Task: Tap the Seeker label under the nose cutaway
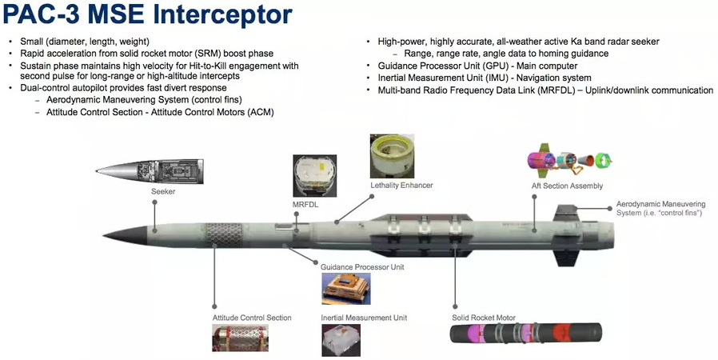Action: tap(163, 191)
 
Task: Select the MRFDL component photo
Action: tap(314, 175)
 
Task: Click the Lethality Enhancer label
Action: tap(401, 185)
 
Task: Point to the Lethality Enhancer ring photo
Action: tap(392, 156)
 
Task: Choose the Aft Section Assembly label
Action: tap(567, 186)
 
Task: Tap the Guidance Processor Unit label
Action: tap(362, 266)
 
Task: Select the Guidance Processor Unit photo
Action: tap(345, 289)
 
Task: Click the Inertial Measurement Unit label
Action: tap(364, 318)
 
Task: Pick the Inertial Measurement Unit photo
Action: tap(341, 340)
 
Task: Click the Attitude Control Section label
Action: tap(252, 318)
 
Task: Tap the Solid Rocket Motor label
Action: tap(484, 318)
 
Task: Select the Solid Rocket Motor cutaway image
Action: tap(525, 333)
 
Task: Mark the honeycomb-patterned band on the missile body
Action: tap(224, 235)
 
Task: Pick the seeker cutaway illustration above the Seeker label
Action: tap(150, 171)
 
